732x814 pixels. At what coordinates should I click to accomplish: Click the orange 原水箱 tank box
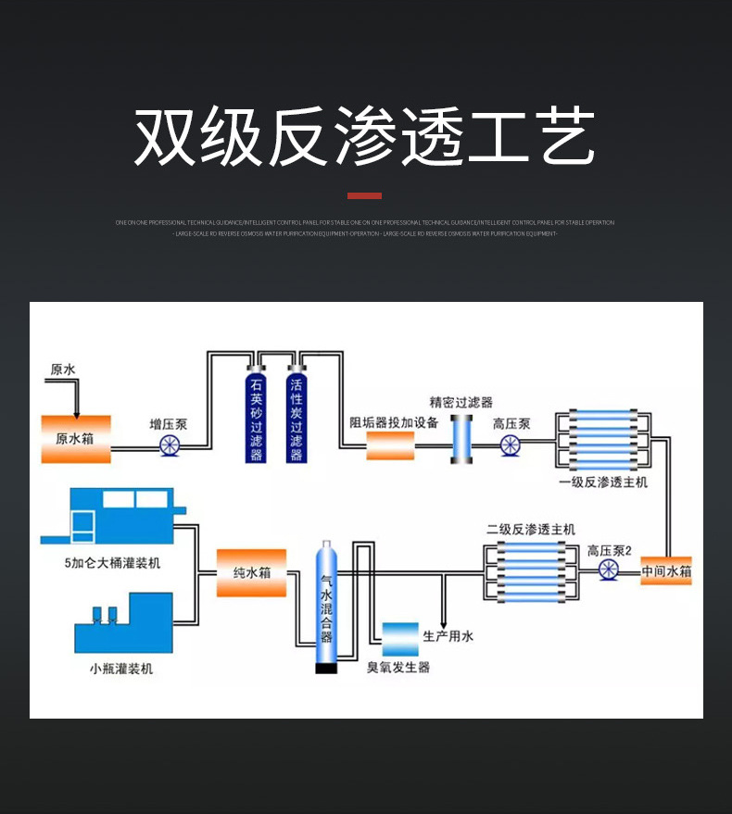click(x=76, y=439)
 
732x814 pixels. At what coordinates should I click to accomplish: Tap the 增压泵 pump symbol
click(x=170, y=445)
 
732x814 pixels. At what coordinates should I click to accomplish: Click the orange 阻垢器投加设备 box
click(x=390, y=445)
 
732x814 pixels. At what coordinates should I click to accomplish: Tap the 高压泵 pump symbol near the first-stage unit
click(x=511, y=446)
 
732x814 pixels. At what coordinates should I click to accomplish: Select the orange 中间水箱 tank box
click(x=666, y=570)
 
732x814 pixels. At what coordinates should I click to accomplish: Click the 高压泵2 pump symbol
click(x=609, y=569)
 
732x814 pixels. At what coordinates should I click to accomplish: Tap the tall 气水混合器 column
click(x=325, y=607)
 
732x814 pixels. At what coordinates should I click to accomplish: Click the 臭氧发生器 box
click(x=399, y=640)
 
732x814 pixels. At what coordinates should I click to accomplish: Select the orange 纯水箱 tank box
click(x=251, y=572)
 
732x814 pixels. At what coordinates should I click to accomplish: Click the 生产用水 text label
click(x=448, y=637)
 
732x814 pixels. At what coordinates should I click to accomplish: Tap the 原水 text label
click(x=63, y=369)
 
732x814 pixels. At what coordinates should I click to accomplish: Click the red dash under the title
click(x=364, y=195)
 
